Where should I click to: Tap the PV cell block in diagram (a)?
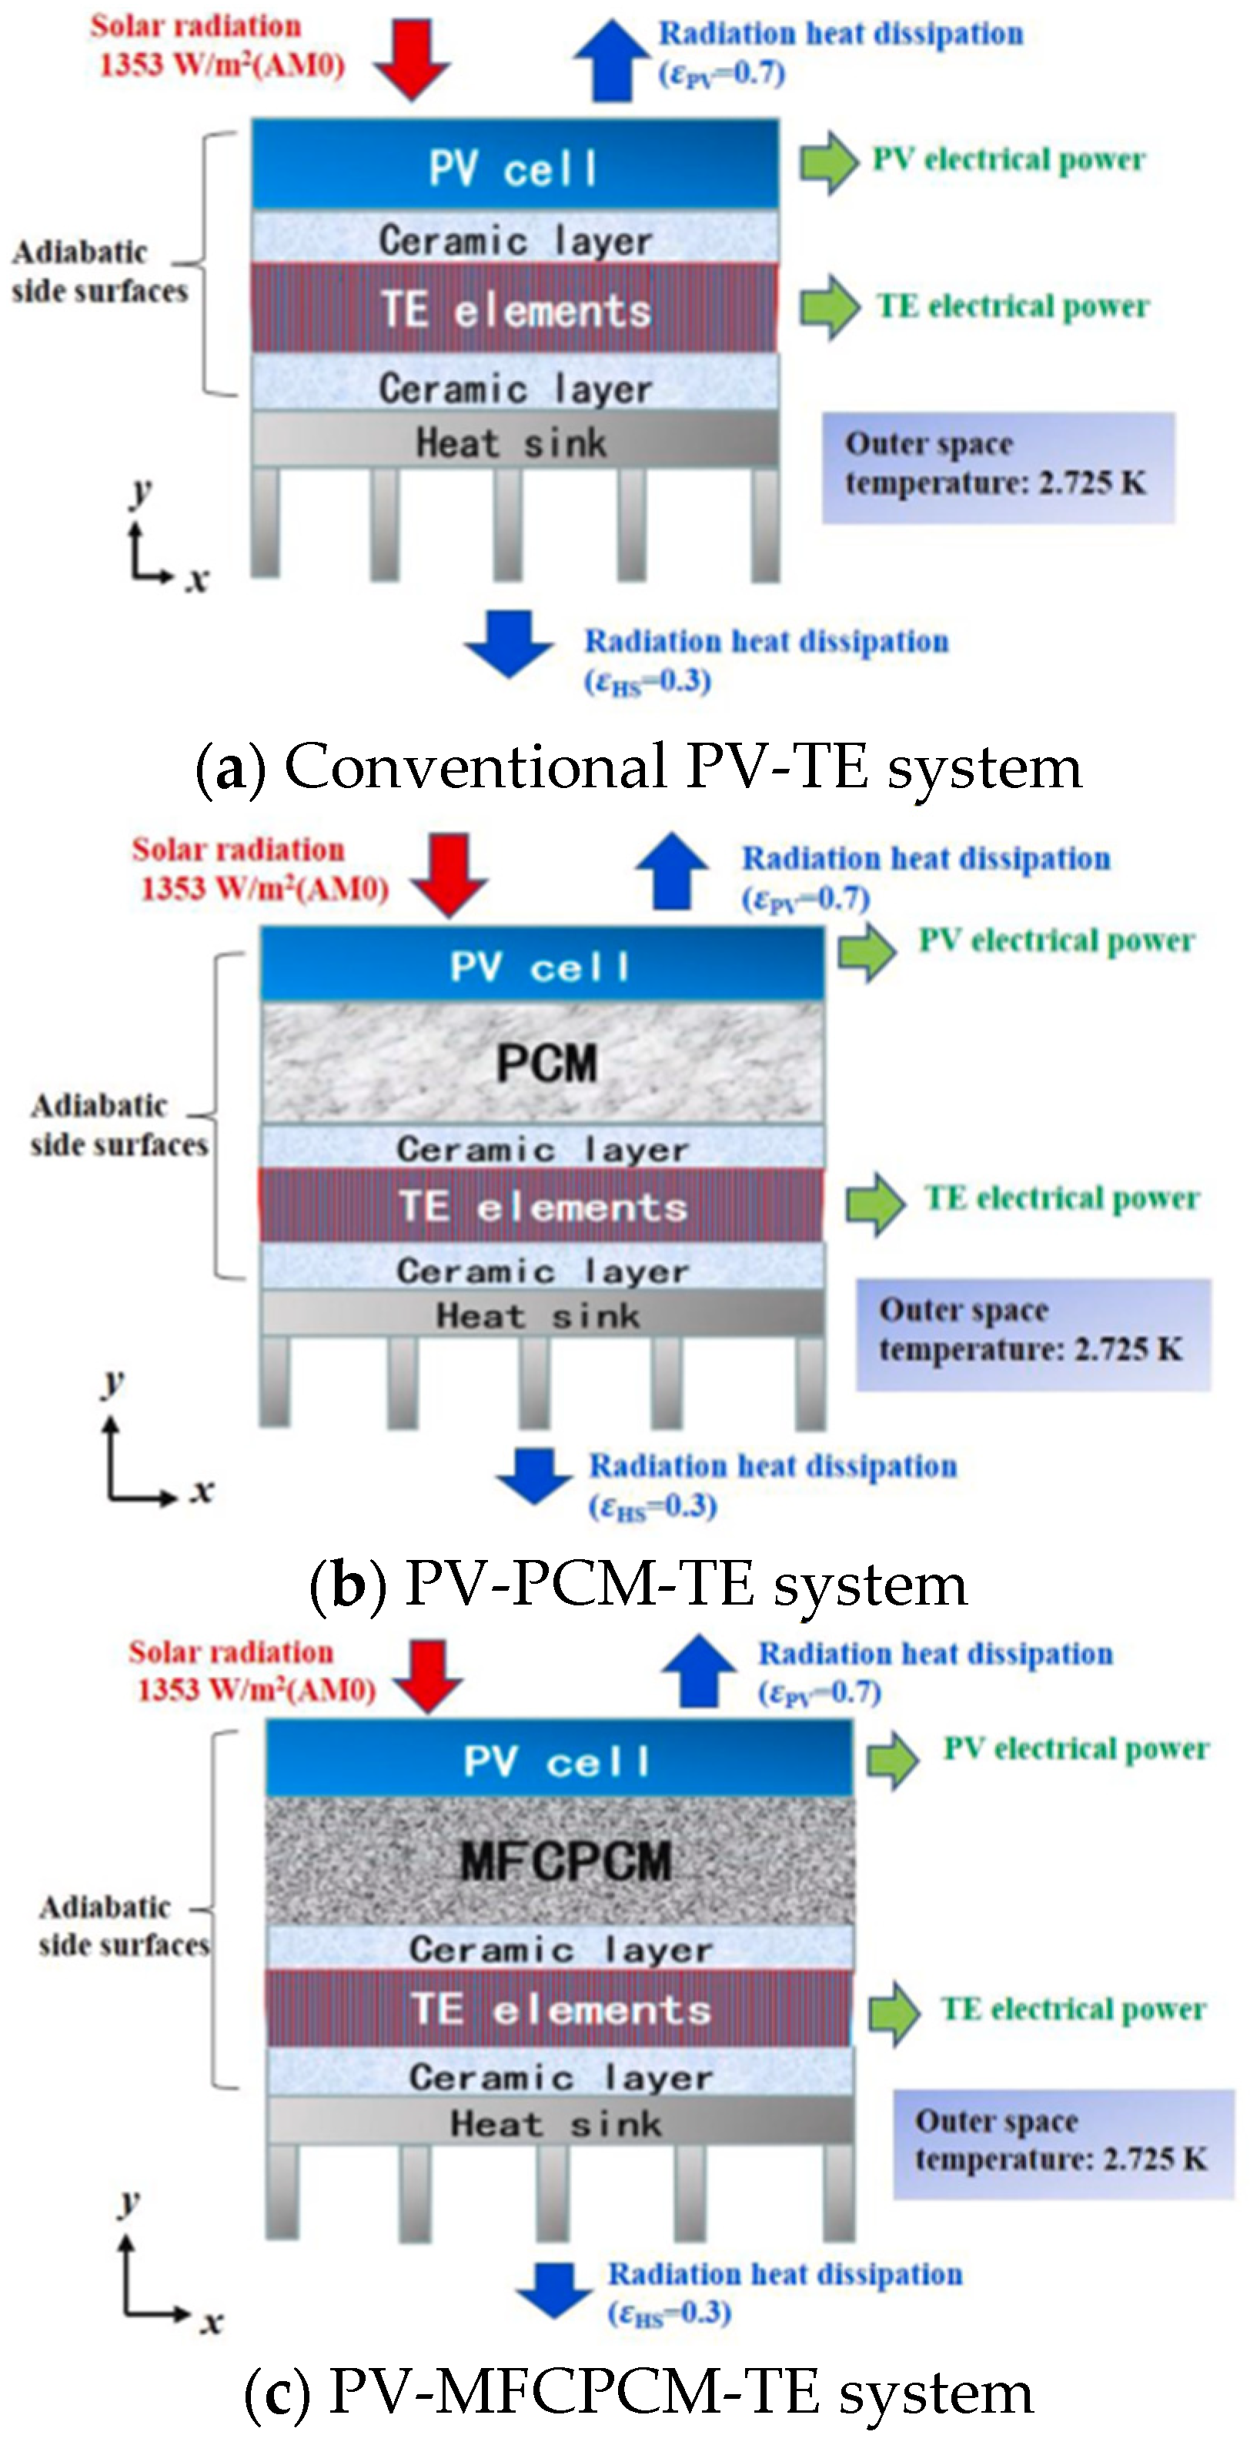pos(514,167)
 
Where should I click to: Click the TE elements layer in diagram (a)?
pos(514,309)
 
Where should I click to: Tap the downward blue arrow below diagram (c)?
pos(554,2290)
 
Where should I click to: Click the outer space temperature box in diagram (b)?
pos(1033,1334)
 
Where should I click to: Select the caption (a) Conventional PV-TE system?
pos(638,767)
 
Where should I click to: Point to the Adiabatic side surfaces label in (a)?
pos(99,272)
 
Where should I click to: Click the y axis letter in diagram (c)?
pos(129,2200)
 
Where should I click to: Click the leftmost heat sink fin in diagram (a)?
pos(266,522)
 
